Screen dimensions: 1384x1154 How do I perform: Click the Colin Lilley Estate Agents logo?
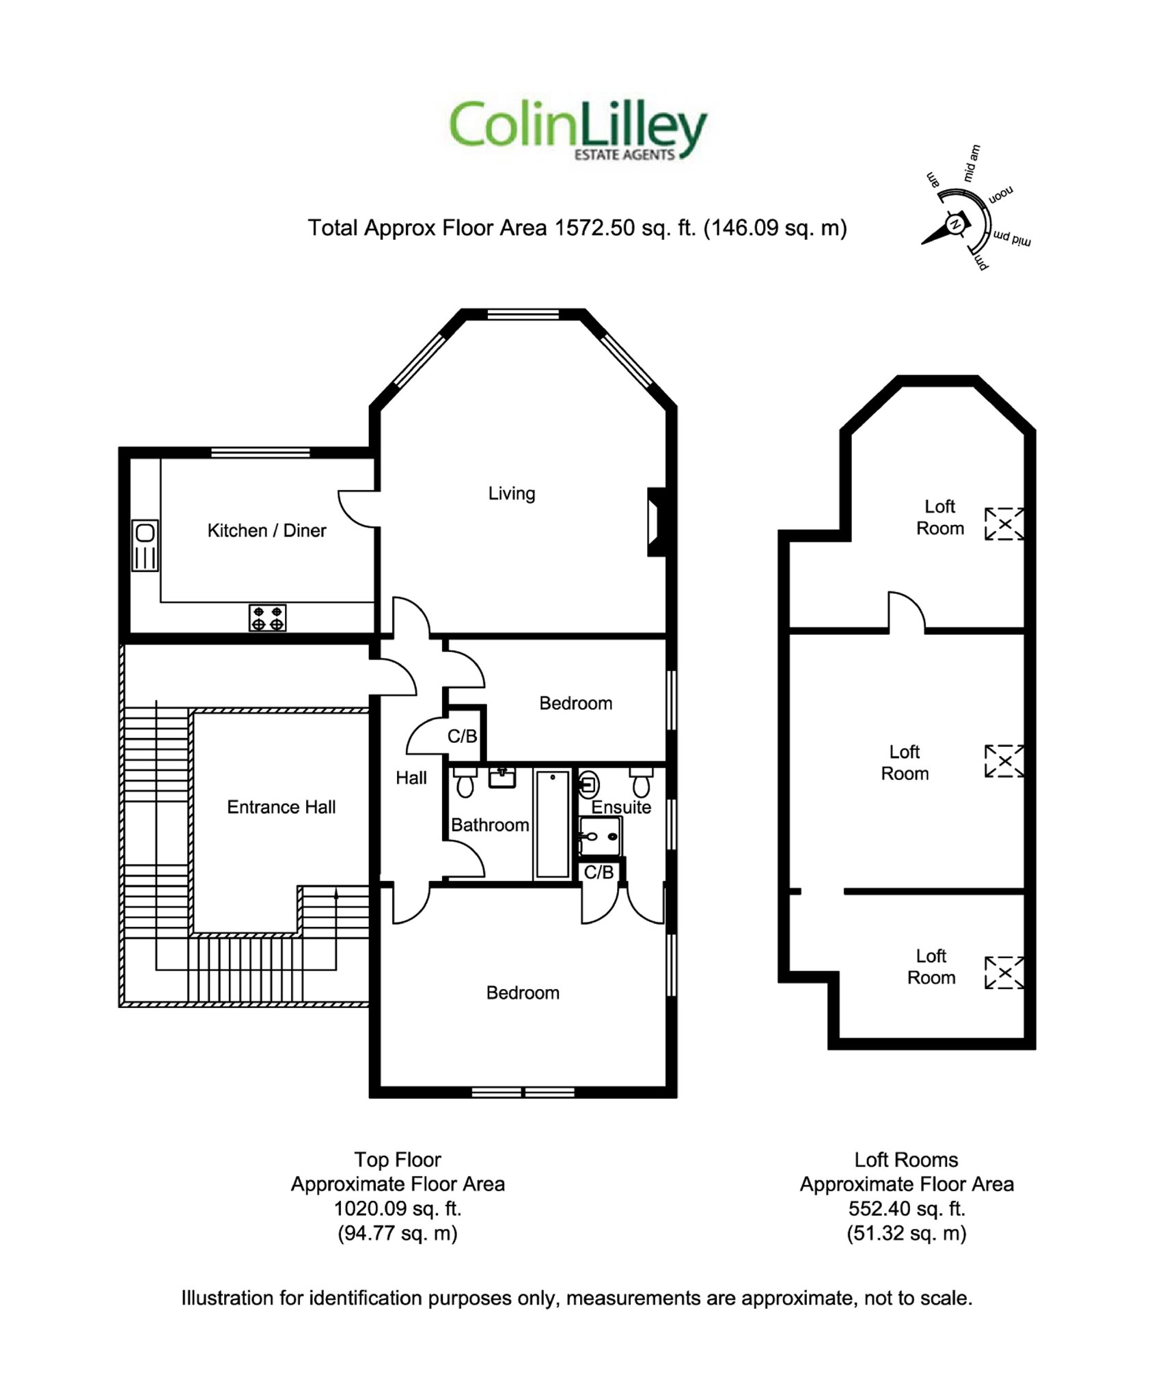pos(577,130)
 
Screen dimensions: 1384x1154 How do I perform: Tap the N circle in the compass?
pos(955,224)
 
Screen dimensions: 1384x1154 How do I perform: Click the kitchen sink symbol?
pos(145,545)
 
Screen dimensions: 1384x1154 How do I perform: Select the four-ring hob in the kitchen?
pos(267,618)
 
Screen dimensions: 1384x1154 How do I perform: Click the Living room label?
pos(511,493)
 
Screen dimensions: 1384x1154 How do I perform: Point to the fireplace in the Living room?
pos(656,521)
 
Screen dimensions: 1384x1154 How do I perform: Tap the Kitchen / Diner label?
pos(266,530)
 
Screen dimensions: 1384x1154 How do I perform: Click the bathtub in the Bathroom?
pos(552,824)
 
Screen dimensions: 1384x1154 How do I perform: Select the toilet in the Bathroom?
pos(465,783)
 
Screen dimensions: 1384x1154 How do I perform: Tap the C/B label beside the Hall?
pos(462,736)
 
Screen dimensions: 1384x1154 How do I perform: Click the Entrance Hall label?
pos(281,807)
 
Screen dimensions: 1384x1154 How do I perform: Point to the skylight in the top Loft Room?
pos(1004,524)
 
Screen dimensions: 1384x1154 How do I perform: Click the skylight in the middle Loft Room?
pos(1004,761)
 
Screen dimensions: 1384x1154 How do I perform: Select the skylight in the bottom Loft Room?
pos(1004,973)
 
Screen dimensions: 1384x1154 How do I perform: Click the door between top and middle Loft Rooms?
pos(906,612)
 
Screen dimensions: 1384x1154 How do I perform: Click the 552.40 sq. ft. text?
pos(906,1208)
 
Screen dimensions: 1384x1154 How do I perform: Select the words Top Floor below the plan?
pos(397,1160)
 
